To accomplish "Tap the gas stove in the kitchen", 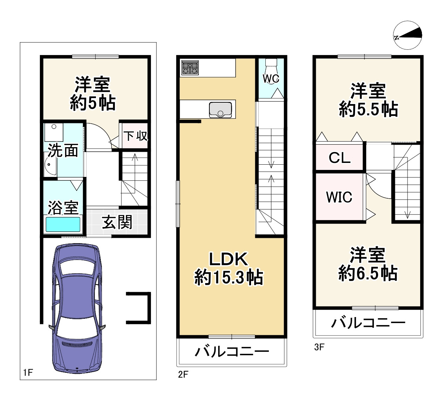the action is click(x=190, y=68).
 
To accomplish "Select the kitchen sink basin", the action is click(x=220, y=110).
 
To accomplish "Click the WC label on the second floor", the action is click(x=271, y=78).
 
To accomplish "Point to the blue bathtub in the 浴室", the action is click(x=63, y=224).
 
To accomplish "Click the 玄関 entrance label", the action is click(x=117, y=222).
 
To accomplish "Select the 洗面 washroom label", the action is click(x=63, y=151).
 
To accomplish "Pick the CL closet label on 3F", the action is click(x=339, y=158).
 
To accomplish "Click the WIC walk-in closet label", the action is click(x=339, y=197).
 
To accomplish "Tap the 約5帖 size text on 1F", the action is click(x=93, y=103).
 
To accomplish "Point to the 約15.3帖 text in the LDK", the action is click(x=228, y=277).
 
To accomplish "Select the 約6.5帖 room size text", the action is click(x=368, y=273).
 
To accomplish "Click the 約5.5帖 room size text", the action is click(x=368, y=109).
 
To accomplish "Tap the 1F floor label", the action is click(x=28, y=373).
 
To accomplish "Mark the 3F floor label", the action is click(x=319, y=347).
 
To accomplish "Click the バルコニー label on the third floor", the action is click(x=368, y=323).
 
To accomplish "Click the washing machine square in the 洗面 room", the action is click(x=54, y=132).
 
